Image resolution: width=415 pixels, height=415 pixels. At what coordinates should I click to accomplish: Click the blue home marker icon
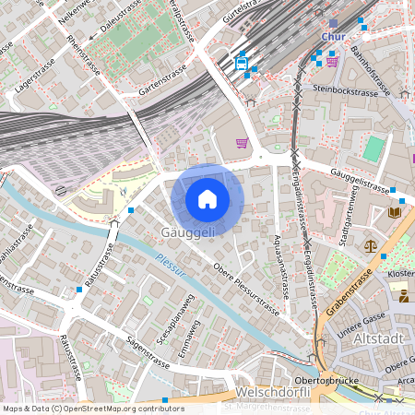click(207, 199)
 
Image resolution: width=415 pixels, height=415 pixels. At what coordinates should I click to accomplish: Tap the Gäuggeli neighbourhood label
click(188, 232)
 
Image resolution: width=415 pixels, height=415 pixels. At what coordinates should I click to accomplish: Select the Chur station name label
click(332, 37)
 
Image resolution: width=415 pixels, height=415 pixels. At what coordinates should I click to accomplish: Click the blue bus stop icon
click(241, 63)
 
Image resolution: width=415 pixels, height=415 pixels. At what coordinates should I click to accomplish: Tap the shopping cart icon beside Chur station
click(331, 62)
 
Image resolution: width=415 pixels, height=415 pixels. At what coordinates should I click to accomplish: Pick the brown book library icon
click(396, 212)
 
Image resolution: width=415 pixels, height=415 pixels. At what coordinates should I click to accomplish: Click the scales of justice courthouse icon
click(371, 246)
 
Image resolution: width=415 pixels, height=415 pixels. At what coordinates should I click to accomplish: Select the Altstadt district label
click(378, 339)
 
